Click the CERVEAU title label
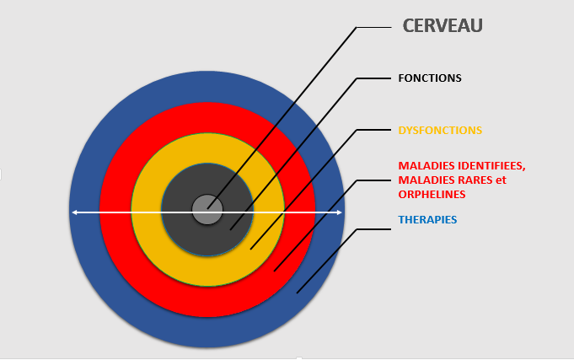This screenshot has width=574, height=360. click(443, 25)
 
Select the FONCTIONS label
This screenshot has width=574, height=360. click(430, 78)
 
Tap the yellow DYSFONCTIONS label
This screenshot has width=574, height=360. click(440, 131)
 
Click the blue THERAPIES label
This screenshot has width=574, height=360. click(427, 219)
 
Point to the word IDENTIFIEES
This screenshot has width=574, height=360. click(491, 166)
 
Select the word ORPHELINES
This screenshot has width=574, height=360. click(432, 195)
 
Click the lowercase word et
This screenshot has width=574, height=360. click(502, 180)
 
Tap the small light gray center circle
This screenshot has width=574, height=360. click(207, 209)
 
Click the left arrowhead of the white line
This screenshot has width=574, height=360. click(74, 212)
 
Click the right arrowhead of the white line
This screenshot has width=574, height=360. click(339, 212)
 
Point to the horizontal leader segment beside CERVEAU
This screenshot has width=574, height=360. click(373, 28)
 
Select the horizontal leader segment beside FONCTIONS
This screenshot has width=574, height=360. click(373, 78)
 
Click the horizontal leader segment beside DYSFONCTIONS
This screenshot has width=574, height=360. click(373, 130)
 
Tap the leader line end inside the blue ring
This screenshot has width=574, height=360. click(297, 293)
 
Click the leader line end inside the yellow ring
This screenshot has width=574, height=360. click(250, 250)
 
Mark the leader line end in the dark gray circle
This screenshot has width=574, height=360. click(230, 230)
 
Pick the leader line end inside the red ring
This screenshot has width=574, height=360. click(274, 271)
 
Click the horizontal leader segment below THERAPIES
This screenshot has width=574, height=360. click(373, 229)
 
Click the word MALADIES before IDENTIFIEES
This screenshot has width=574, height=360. click(426, 166)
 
